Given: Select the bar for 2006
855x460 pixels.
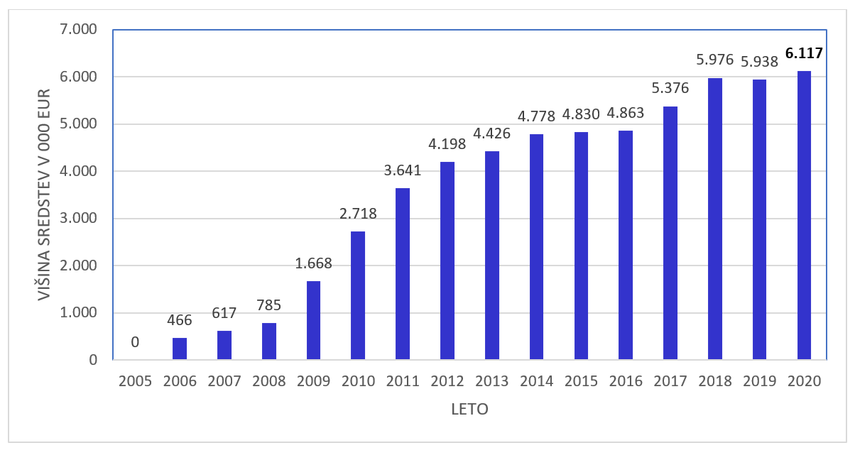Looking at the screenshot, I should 180,349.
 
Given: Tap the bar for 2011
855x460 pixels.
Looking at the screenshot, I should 403,273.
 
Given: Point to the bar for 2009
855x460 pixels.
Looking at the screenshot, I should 313,320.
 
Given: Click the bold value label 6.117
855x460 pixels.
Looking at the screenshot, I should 804,53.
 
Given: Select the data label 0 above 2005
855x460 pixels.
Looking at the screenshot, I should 135,342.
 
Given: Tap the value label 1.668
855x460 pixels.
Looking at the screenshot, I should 313,263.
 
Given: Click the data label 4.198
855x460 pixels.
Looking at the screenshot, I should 447,144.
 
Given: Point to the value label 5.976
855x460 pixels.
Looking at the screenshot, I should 715,60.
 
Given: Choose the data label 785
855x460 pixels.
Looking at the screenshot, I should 268,305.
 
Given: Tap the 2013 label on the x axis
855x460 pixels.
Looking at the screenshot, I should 491,381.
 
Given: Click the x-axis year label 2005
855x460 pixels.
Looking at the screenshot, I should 135,381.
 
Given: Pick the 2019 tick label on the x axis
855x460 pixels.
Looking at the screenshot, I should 760,381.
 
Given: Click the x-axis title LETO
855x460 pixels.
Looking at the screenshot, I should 469,410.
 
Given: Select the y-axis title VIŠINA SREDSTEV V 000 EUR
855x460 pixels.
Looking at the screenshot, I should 44,194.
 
